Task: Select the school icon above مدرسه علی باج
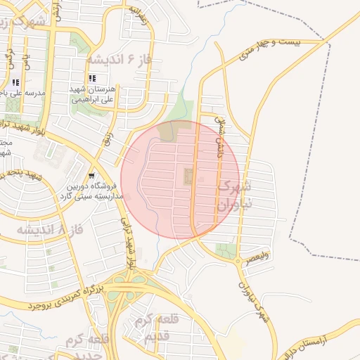[x=15, y=82]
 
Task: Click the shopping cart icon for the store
[x=91, y=176]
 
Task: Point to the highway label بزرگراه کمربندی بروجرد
[x=67, y=297]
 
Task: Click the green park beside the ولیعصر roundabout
[x=225, y=250]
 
